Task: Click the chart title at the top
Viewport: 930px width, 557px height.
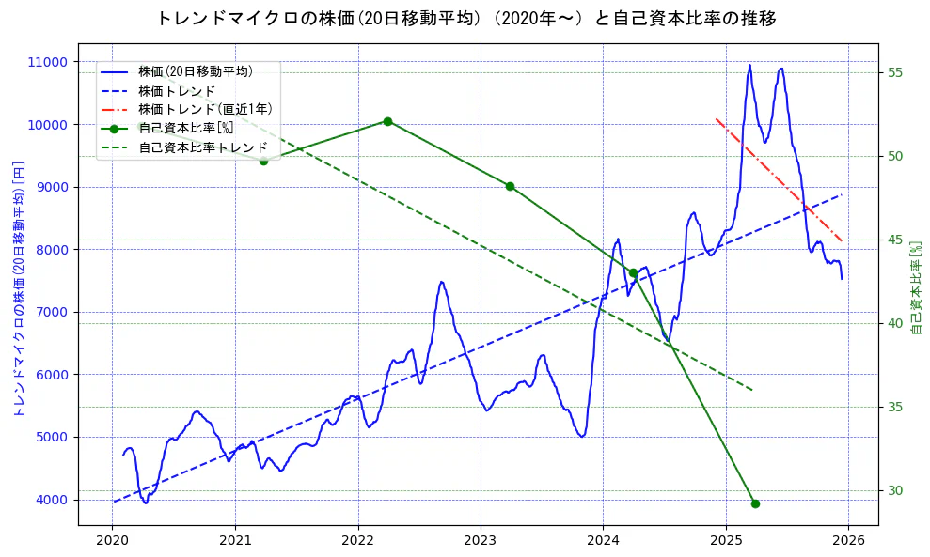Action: (465, 19)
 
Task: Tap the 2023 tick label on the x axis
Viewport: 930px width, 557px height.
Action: (480, 540)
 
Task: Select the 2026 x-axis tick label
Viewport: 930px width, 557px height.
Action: (848, 540)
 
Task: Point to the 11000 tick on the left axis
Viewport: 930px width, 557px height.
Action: (47, 62)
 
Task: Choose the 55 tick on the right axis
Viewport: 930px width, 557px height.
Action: (895, 73)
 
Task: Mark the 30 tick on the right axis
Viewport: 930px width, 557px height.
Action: (895, 490)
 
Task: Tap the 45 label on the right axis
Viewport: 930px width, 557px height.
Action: (895, 240)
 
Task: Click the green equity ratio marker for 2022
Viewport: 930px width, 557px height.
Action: (387, 121)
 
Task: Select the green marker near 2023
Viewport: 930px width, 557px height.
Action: (510, 186)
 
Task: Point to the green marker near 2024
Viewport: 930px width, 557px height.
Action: (633, 273)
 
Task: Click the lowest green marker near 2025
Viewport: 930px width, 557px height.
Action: (755, 503)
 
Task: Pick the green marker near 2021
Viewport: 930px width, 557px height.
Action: (263, 161)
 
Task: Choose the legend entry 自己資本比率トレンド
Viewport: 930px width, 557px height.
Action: (202, 148)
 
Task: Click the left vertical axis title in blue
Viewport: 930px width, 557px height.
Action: (18, 286)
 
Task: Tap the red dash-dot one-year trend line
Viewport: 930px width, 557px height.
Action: (780, 178)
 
